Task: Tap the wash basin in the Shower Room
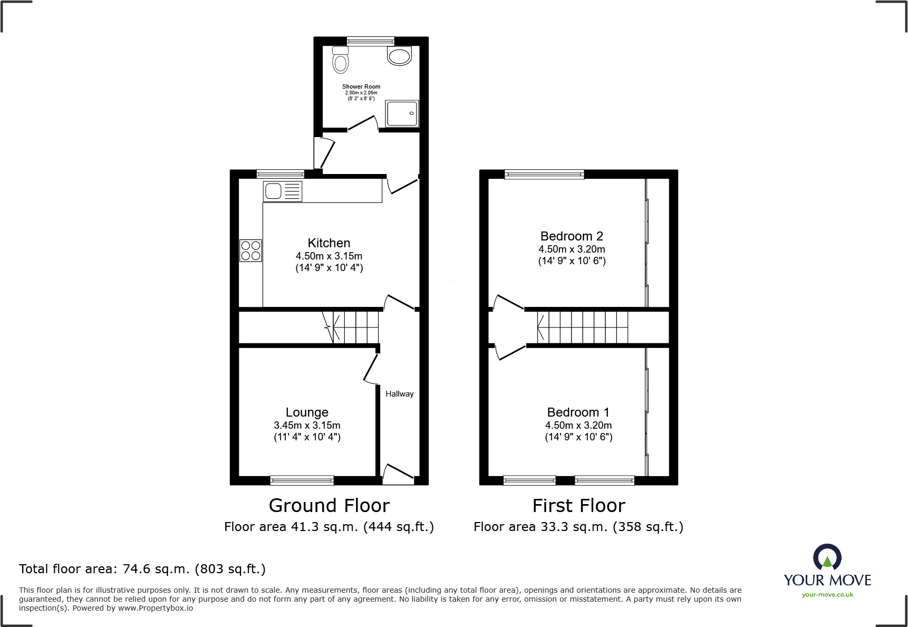[399, 55]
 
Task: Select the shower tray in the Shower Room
[402, 113]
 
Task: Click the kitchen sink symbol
[283, 191]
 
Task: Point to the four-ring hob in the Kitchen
[250, 250]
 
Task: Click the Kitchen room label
[329, 243]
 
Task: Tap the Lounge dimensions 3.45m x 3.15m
[307, 425]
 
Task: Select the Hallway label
[399, 394]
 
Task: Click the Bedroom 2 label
[572, 236]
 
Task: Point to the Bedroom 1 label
[578, 412]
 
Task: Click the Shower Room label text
[361, 86]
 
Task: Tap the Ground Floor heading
[329, 506]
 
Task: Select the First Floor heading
[578, 506]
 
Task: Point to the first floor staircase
[583, 327]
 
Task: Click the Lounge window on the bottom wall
[302, 480]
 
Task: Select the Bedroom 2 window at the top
[544, 175]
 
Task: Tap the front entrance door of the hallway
[398, 475]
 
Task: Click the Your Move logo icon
[827, 557]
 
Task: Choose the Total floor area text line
[142, 569]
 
